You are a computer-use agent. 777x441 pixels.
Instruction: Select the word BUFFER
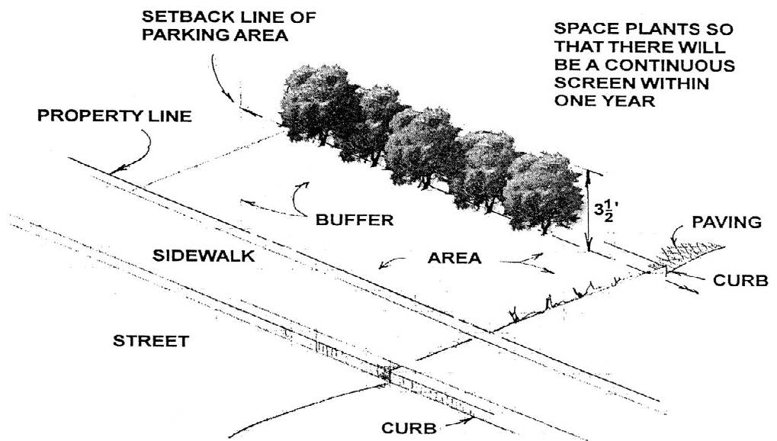(355, 221)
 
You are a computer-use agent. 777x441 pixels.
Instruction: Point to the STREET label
(151, 341)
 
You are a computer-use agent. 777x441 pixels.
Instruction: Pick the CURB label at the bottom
(411, 428)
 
